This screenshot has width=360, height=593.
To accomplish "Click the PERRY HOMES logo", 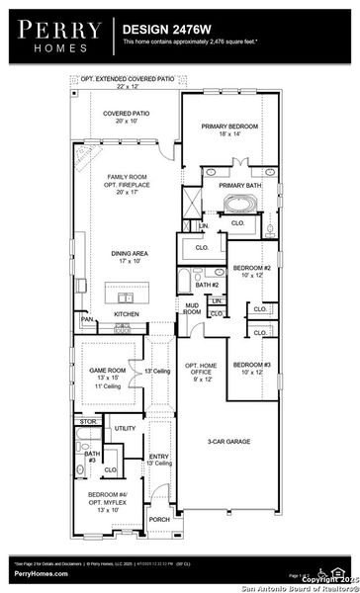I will point(55,36).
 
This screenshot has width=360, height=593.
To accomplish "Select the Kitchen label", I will point(127,314).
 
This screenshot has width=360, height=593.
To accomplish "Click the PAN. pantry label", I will point(88,320).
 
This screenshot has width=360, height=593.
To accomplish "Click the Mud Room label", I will point(192,309).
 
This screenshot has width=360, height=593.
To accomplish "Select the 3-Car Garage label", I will point(227,441).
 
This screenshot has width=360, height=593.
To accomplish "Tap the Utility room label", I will point(125,428).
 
